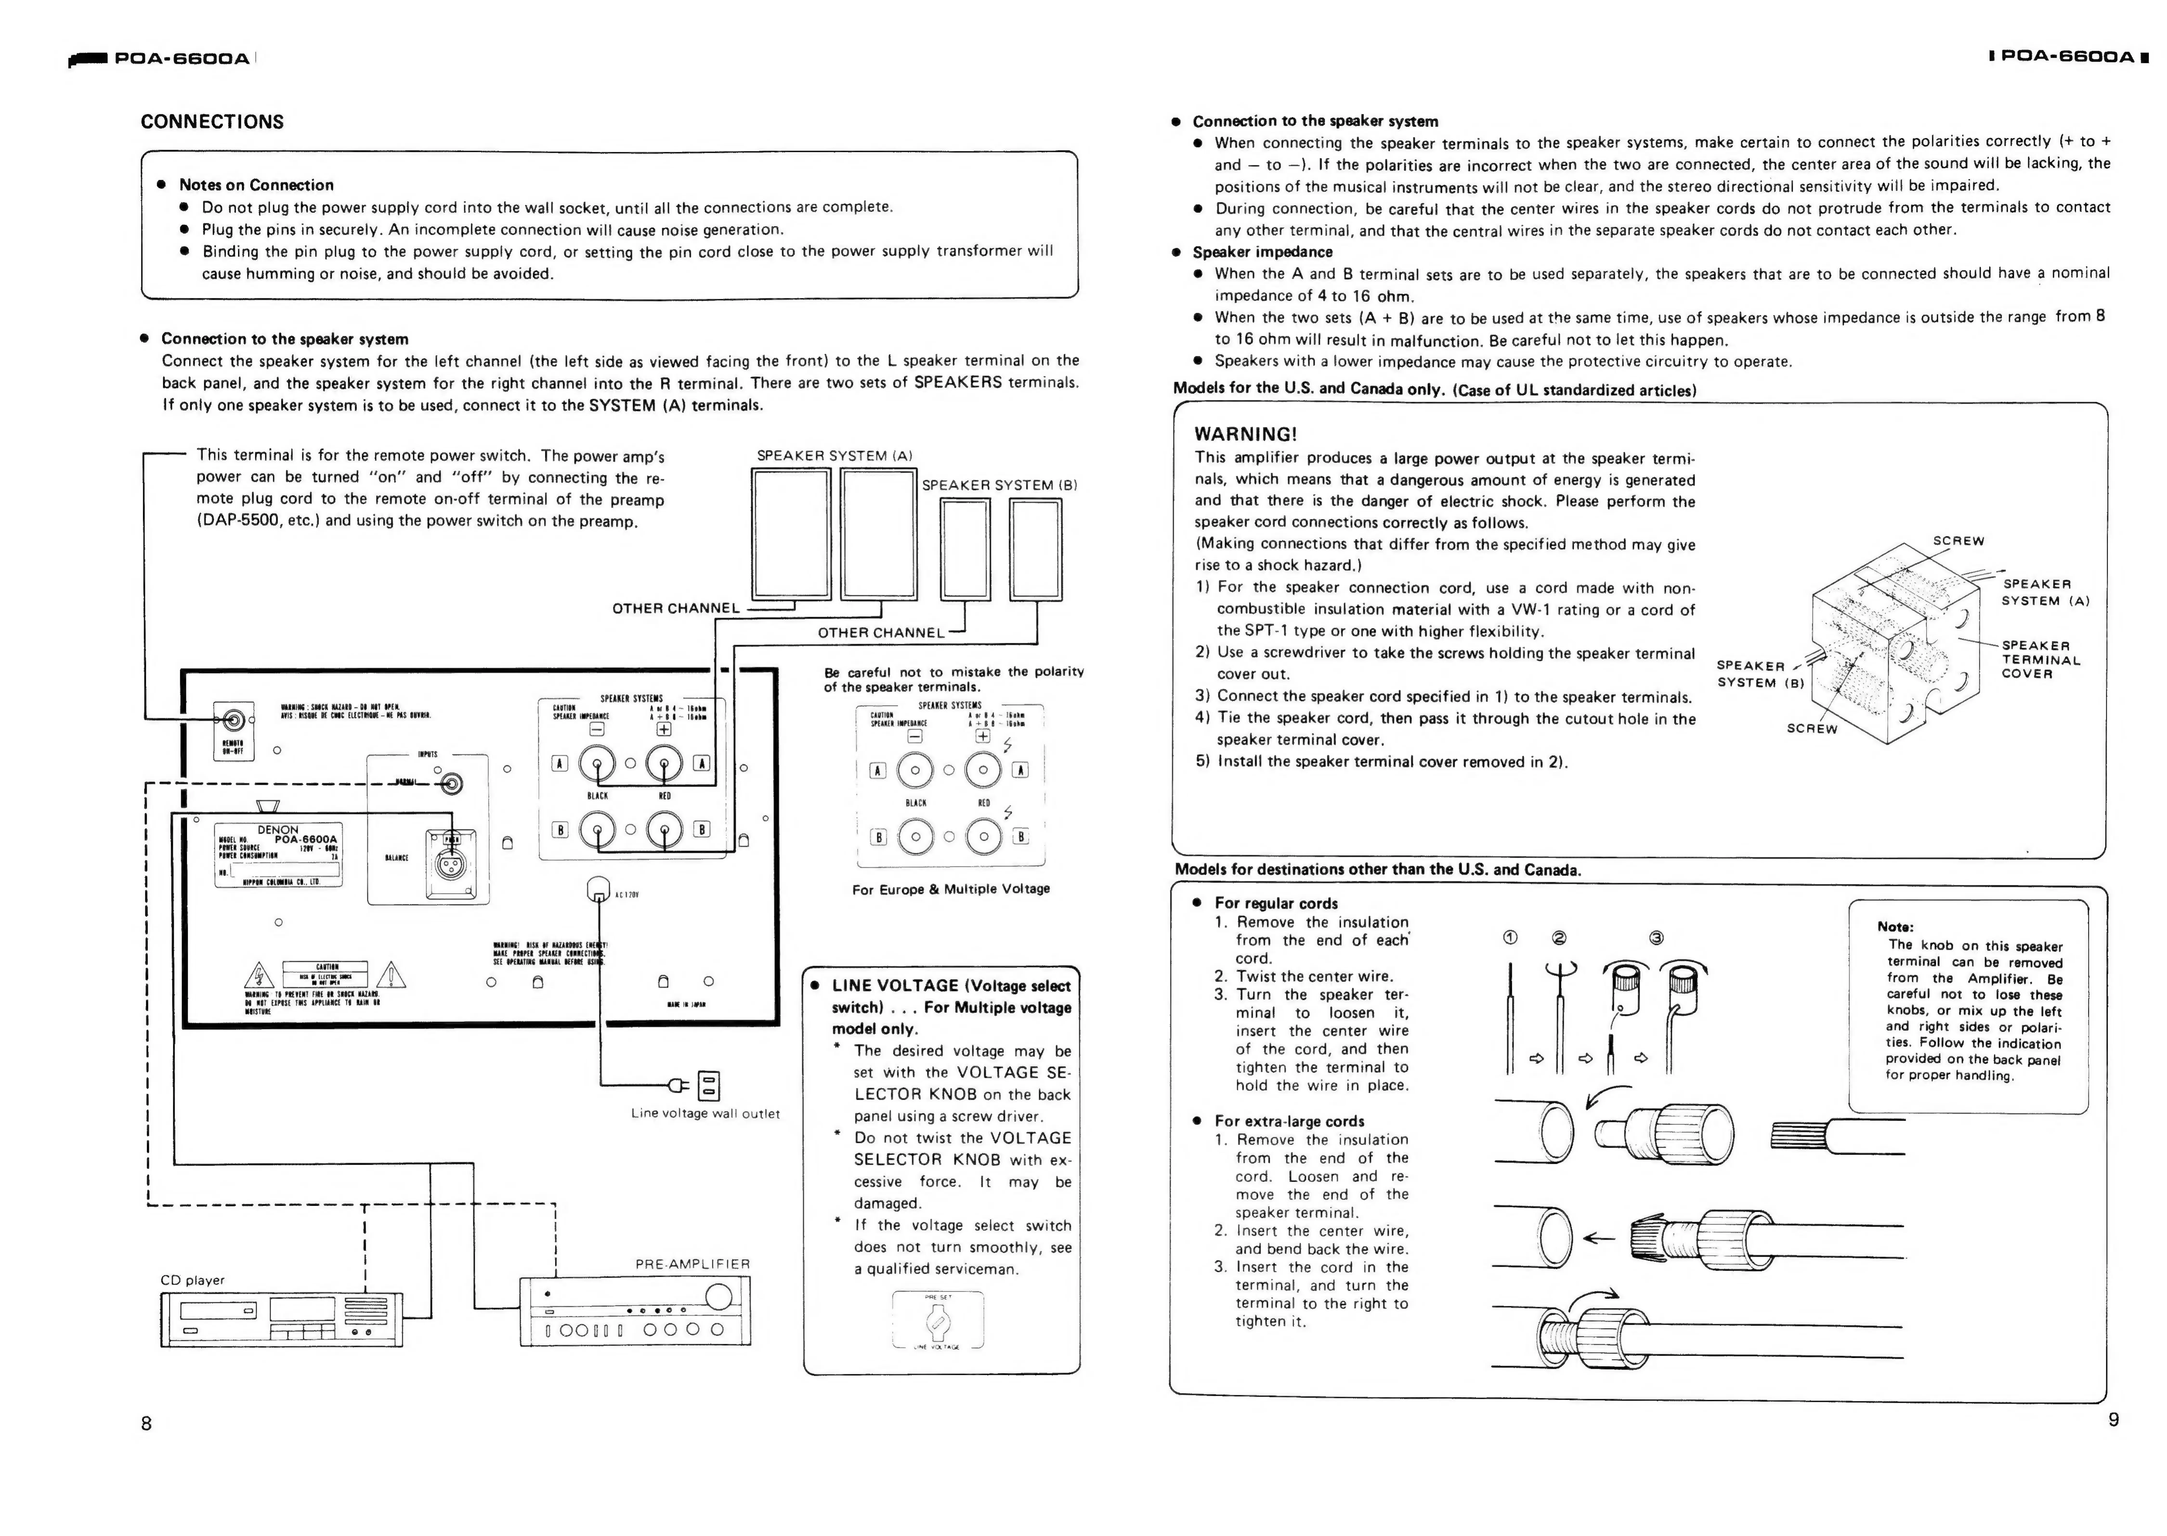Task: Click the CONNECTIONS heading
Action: click(212, 122)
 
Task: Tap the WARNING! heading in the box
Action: click(1245, 434)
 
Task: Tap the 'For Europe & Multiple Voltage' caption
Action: click(951, 889)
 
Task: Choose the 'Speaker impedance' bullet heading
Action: click(1262, 252)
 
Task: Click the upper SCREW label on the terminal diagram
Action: click(1958, 541)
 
